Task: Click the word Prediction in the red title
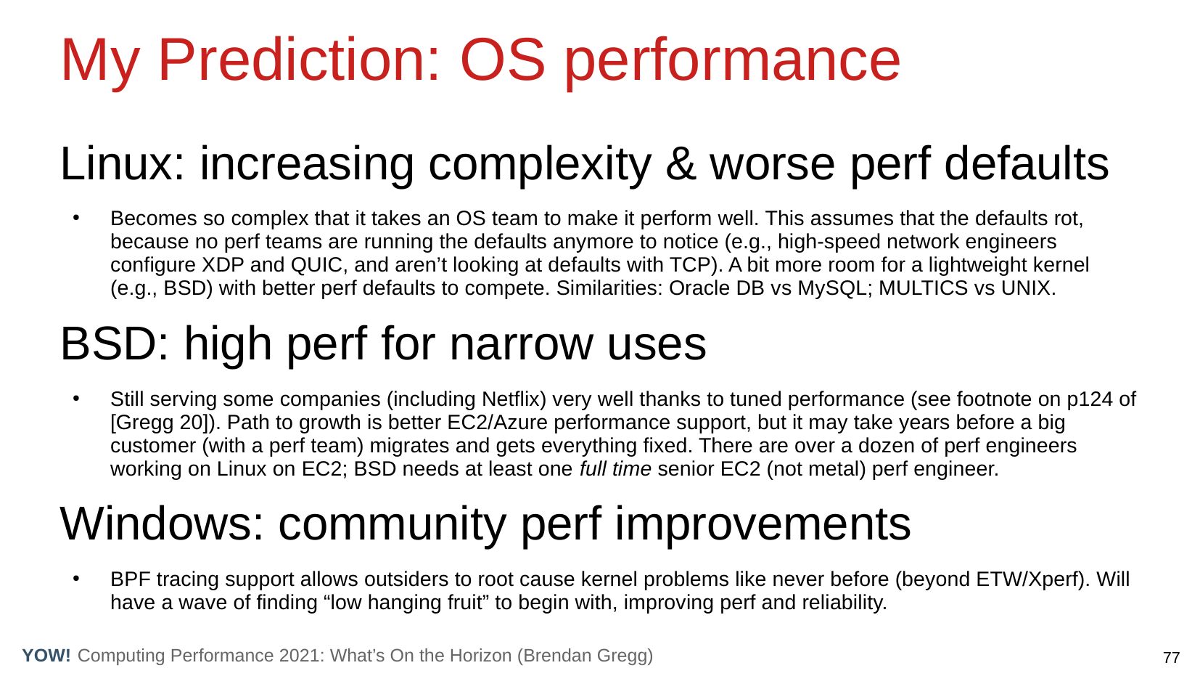299,60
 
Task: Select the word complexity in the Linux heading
540,166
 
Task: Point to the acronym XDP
222,265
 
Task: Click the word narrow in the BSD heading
521,344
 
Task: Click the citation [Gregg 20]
162,423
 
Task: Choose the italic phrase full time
615,469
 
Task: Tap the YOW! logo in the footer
46,655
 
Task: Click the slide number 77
1171,657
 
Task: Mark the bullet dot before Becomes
76,218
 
